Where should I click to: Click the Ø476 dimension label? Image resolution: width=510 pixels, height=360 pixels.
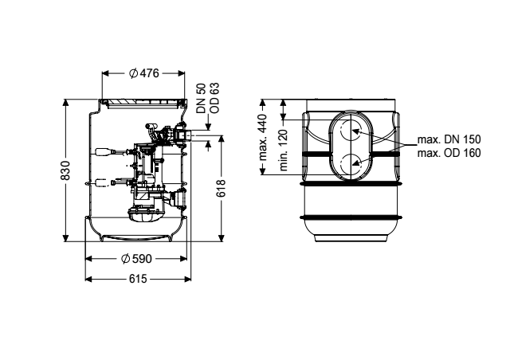(143, 73)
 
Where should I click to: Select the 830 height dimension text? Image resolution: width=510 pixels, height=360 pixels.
(65, 170)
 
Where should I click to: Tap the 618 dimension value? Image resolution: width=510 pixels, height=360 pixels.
(221, 188)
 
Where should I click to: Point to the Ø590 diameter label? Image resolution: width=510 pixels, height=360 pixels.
(136, 259)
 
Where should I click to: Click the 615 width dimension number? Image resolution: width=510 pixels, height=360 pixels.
(138, 279)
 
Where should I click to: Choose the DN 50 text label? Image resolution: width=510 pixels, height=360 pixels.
(202, 98)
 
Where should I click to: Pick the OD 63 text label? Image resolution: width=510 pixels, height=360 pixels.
(214, 98)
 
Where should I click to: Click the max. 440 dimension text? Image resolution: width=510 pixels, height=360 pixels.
(263, 137)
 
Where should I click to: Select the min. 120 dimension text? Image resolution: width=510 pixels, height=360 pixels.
(284, 150)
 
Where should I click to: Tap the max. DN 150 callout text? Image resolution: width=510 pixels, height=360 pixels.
(449, 139)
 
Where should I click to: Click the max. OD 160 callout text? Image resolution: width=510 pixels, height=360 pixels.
(449, 152)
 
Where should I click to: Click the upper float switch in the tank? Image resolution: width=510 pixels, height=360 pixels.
(103, 152)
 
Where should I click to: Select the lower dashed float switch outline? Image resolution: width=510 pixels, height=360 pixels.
(103, 182)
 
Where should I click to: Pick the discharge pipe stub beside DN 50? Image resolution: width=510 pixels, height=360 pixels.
(190, 135)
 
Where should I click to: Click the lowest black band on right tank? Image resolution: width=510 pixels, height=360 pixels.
(351, 217)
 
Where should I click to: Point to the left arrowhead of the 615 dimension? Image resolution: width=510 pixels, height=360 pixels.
(88, 279)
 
